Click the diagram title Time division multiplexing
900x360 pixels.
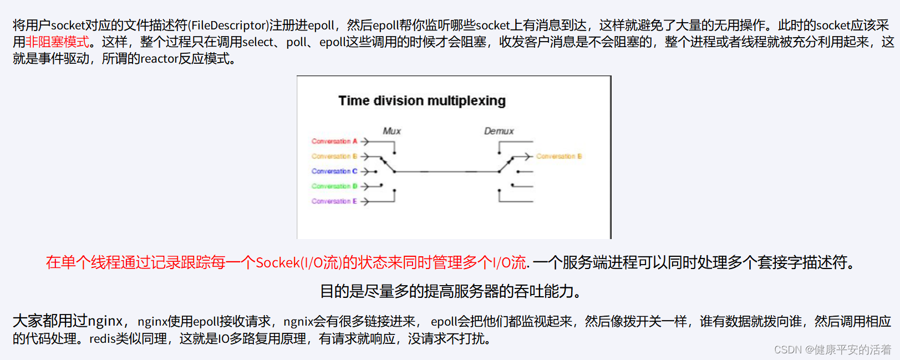pos(421,101)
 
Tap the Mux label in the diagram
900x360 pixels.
pos(391,131)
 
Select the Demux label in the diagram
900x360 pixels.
pos(499,131)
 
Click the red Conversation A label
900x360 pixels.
pos(334,141)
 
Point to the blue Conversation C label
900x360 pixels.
pos(334,171)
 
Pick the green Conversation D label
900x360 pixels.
pos(334,186)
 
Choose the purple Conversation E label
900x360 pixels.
pos(334,201)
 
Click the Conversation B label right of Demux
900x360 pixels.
pos(559,156)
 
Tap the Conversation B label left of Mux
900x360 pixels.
pos(334,156)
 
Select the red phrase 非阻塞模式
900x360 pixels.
pos(58,42)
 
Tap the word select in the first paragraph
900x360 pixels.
pos(258,42)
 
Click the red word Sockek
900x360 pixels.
pos(277,262)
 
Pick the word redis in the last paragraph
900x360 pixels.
pos(103,338)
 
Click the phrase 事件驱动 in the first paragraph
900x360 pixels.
pos(64,59)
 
